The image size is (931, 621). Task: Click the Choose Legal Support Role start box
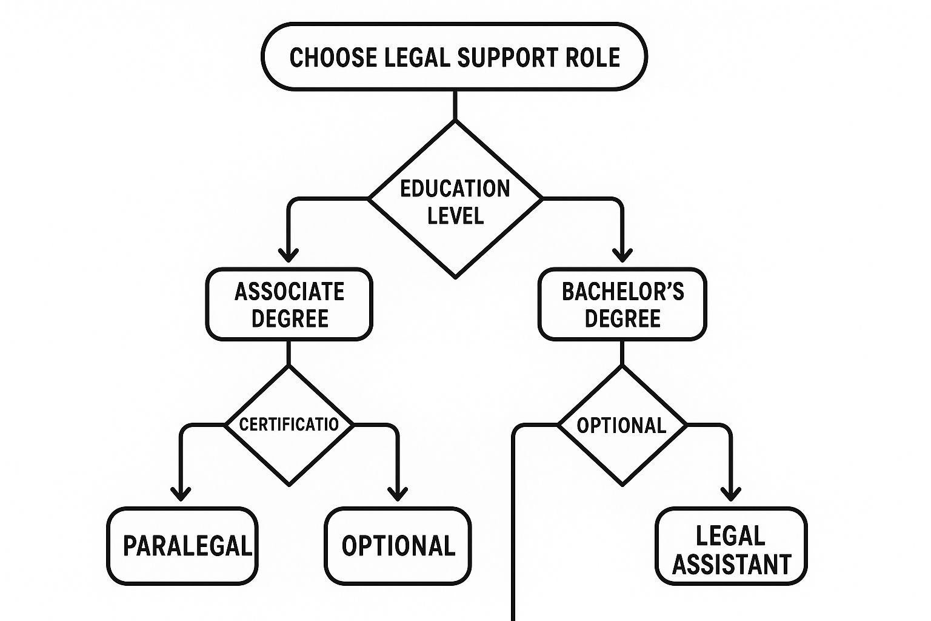coord(454,56)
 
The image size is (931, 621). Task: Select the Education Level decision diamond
coord(455,200)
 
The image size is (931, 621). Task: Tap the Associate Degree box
coord(289,304)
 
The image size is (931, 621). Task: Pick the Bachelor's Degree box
coord(622,304)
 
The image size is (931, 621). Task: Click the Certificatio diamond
coord(289,425)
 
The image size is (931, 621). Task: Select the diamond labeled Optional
coord(622,425)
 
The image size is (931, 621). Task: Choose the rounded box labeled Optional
coord(398,545)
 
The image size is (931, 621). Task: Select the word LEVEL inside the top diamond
coord(455,215)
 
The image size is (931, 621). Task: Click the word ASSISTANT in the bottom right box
coord(732,565)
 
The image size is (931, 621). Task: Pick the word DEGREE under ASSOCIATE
coord(290,319)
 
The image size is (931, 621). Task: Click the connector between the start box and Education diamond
coord(455,105)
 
